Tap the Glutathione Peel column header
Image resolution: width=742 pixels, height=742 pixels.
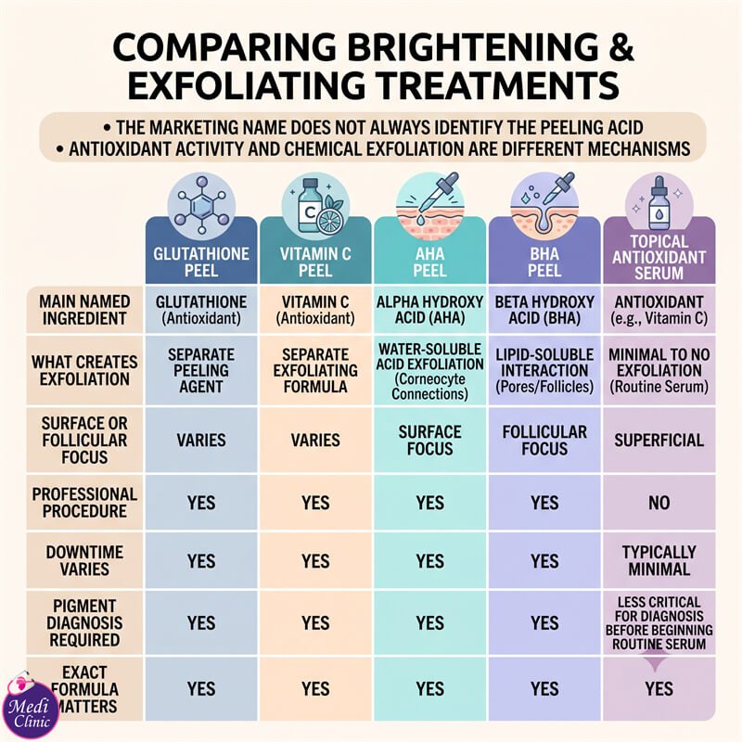click(x=201, y=262)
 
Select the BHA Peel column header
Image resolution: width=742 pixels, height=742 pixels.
click(x=544, y=262)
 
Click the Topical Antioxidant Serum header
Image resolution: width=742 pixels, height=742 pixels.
click(x=659, y=257)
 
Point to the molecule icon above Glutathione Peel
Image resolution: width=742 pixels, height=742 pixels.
click(x=201, y=206)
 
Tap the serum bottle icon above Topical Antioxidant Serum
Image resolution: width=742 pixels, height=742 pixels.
click(x=659, y=206)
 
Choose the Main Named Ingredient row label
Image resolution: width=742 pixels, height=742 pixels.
click(x=84, y=310)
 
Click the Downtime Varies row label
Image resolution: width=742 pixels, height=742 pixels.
click(x=84, y=560)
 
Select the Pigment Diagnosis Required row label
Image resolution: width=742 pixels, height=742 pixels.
click(x=84, y=622)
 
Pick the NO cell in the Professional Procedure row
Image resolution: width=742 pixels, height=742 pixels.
click(x=659, y=503)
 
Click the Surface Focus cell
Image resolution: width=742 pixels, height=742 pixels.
click(x=429, y=440)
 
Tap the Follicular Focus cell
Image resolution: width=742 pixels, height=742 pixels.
click(x=544, y=440)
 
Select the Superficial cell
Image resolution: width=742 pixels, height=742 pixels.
click(x=659, y=440)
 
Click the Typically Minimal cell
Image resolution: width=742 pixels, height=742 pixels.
click(x=659, y=560)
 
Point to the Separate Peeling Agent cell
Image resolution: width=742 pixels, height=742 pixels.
click(x=201, y=370)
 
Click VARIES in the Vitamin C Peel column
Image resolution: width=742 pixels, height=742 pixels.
click(x=315, y=440)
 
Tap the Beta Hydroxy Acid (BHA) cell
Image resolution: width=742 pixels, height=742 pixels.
click(x=544, y=310)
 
